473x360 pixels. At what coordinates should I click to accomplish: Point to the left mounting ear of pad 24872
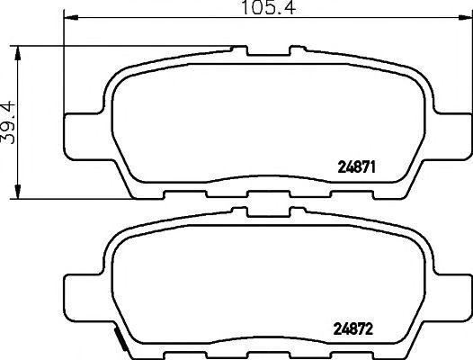click(82, 293)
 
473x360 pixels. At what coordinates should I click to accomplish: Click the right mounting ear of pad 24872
click(451, 293)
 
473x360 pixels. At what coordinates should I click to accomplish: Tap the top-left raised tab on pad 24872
click(239, 212)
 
